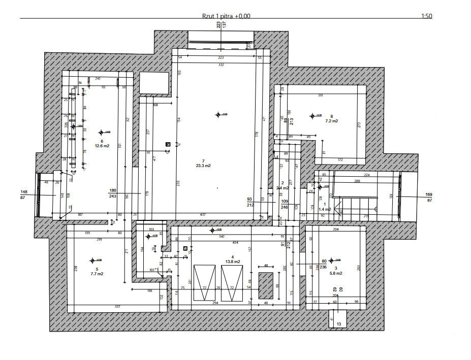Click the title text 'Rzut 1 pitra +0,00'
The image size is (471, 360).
pyautogui.click(x=226, y=16)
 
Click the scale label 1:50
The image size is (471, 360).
pyautogui.click(x=426, y=16)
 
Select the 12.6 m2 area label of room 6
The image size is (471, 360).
pyautogui.click(x=102, y=146)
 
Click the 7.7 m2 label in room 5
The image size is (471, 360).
pyautogui.click(x=97, y=274)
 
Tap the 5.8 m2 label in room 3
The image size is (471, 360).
pyautogui.click(x=335, y=273)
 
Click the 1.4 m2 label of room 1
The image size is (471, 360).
pyautogui.click(x=325, y=209)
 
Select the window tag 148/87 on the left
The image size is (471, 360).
pyautogui.click(x=23, y=194)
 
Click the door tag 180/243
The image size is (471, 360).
pyautogui.click(x=113, y=193)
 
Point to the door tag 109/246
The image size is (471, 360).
pyautogui.click(x=285, y=204)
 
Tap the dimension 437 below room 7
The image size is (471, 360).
pyautogui.click(x=203, y=215)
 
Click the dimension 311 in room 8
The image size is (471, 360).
pyautogui.click(x=320, y=95)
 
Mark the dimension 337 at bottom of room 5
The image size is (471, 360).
pyautogui.click(x=117, y=307)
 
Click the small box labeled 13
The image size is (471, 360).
pyautogui.click(x=338, y=323)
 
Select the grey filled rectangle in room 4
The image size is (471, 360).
pyautogui.click(x=266, y=286)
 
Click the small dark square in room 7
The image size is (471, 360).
pyautogui.click(x=168, y=144)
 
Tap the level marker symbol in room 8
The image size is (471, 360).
pyautogui.click(x=312, y=116)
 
